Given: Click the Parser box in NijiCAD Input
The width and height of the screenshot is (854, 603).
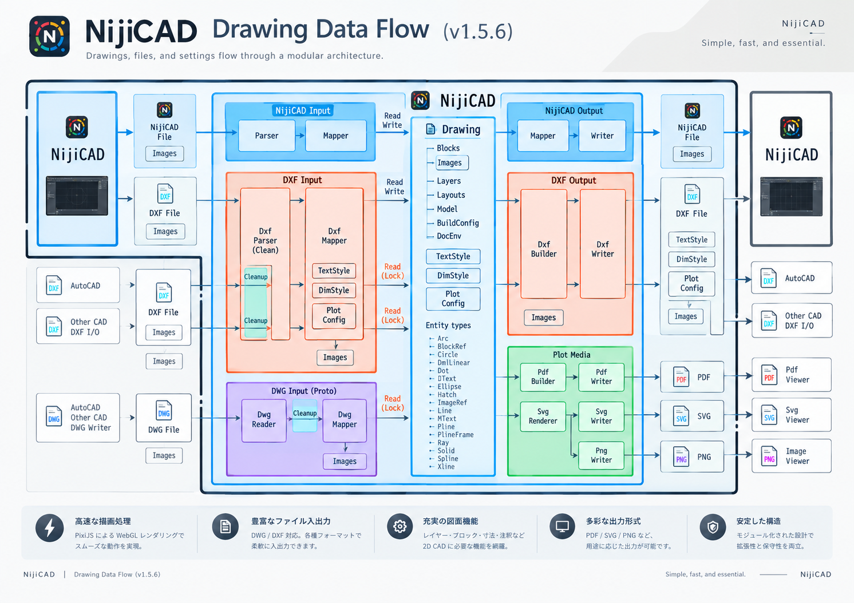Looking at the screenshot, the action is coord(267,136).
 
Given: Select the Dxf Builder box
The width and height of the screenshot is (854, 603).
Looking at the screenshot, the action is coord(544,244).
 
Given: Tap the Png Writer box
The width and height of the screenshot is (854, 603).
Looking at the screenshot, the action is coord(601,455).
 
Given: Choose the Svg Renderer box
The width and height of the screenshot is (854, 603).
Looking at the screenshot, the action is coord(543,416).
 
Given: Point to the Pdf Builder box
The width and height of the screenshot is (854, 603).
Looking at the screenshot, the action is coord(543,377).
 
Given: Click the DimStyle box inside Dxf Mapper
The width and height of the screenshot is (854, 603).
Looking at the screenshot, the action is coord(334,291).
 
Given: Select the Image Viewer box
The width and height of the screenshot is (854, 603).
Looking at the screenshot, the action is coord(792,456).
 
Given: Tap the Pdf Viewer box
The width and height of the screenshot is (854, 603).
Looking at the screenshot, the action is coord(792,375).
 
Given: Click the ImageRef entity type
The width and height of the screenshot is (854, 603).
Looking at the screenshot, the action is coord(452,403).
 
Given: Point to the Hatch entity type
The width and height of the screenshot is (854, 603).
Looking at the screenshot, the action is coord(447,395).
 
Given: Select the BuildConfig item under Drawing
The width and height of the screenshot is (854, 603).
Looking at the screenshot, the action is coord(458,223).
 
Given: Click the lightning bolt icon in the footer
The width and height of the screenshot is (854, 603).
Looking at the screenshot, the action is coord(50,528).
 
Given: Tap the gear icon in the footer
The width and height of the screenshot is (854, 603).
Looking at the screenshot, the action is coord(400,527).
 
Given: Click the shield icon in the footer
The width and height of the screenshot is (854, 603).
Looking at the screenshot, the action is coord(713,527).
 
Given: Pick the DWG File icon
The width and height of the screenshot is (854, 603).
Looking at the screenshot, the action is coord(164,411).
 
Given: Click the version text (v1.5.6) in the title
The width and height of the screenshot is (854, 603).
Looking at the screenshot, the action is coord(478,31).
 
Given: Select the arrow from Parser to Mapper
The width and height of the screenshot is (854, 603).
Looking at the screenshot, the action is coord(300,136).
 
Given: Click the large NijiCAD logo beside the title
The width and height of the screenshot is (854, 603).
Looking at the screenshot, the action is coord(50,36).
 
